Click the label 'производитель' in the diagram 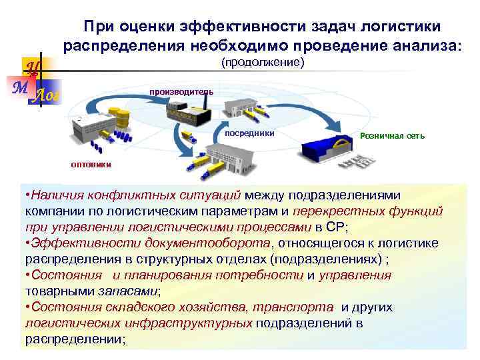[181, 91]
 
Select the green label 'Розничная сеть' [391, 136]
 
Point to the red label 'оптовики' [91, 165]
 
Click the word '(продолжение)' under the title [262, 63]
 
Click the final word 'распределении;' [75, 339]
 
